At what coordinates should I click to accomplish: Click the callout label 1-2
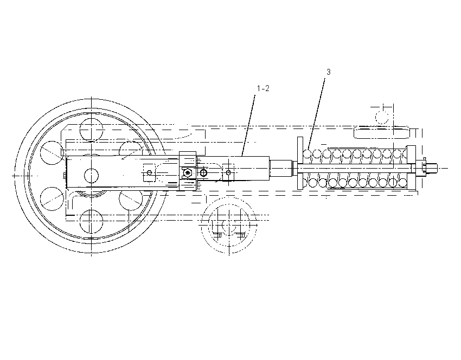click(x=263, y=88)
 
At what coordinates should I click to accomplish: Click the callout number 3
click(x=329, y=72)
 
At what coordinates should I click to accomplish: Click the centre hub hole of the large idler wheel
click(x=91, y=176)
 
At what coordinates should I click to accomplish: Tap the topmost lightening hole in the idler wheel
click(x=91, y=130)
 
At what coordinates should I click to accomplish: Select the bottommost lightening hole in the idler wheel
click(x=91, y=222)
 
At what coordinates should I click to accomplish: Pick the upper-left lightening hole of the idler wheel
click(x=52, y=153)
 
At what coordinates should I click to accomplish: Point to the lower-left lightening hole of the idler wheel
click(x=52, y=198)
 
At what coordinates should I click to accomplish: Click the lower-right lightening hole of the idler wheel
click(x=131, y=198)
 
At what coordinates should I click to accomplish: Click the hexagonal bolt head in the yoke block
click(x=188, y=172)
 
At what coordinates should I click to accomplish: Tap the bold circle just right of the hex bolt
click(x=203, y=172)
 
